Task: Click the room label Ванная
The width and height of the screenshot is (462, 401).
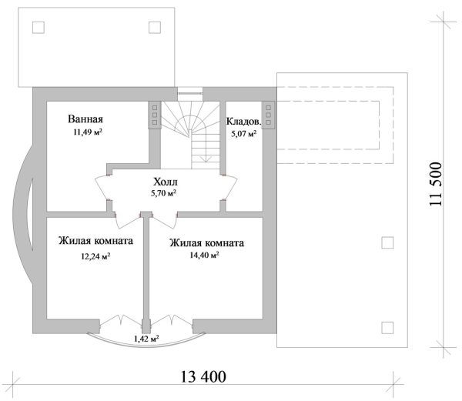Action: (x=85, y=120)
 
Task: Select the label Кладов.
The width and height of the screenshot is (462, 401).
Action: (x=243, y=122)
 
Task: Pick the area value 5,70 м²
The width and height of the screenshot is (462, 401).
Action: (x=163, y=194)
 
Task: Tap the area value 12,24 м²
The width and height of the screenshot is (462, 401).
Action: (x=94, y=256)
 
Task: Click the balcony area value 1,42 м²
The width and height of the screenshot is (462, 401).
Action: (x=146, y=338)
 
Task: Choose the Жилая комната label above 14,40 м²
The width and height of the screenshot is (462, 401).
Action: (x=206, y=242)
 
